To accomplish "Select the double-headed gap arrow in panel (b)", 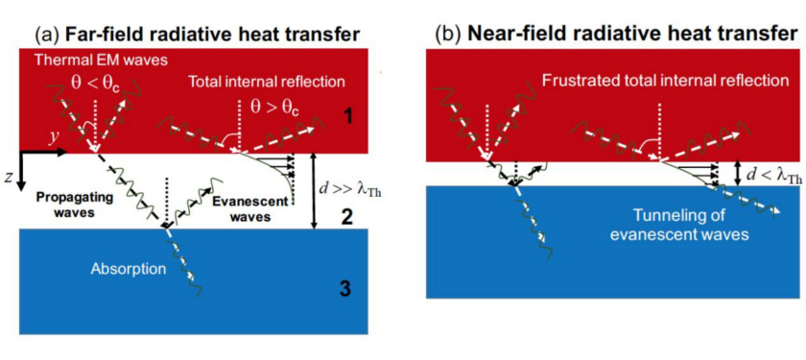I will [736, 172].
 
